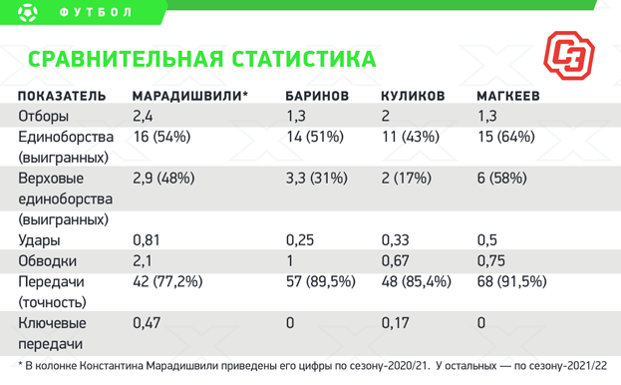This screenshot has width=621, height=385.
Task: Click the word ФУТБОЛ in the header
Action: coord(96,14)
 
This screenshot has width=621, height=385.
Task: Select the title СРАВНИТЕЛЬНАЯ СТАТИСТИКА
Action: coord(202,59)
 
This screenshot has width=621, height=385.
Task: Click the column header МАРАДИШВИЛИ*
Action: coord(190,97)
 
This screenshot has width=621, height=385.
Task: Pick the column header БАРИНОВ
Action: coord(316,97)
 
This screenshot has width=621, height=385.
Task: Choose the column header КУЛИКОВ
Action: coord(413,97)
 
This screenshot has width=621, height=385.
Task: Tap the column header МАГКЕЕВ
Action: coord(511,97)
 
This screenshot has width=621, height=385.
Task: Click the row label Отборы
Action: coord(44,117)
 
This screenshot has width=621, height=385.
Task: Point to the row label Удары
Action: coord(39,240)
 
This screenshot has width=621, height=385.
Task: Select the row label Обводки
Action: coord(46,261)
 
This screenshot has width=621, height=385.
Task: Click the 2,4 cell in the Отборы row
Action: coord(143,117)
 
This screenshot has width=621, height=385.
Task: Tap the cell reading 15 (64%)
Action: coord(506,137)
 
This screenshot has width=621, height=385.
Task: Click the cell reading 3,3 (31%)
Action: coord(316,179)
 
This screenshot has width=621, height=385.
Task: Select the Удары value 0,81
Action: coord(146,240)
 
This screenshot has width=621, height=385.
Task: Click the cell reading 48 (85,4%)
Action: coord(417,282)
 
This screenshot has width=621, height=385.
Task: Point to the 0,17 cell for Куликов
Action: coord(395,323)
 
